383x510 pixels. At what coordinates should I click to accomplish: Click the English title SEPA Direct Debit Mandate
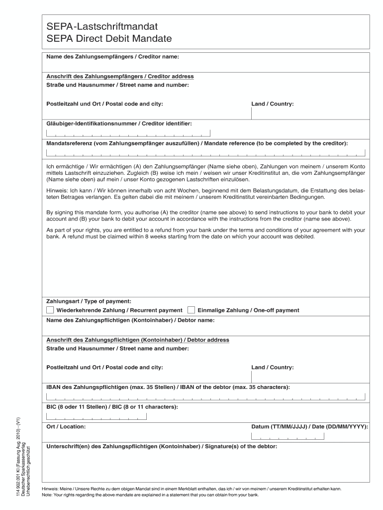pos(109,39)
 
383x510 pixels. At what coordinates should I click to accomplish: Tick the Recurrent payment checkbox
pos(50,310)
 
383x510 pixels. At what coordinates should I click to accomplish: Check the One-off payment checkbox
pos(191,310)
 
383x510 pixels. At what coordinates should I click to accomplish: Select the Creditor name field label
pos(112,57)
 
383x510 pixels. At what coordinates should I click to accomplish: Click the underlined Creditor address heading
pos(120,77)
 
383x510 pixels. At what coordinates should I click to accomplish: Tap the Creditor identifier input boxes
pos(128,133)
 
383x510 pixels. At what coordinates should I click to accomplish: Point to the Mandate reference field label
pos(197,143)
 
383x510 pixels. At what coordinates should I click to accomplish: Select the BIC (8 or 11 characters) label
pos(112,407)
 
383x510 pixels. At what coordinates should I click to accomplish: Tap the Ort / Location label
pos(66,427)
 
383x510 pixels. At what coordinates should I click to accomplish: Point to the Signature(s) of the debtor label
pos(162,446)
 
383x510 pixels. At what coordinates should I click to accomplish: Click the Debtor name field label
pos(130,320)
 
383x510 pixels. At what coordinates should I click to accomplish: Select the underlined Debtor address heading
pos(138,340)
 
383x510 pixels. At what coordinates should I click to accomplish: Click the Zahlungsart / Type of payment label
pos(89,301)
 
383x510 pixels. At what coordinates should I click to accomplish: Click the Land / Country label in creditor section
pos(273,104)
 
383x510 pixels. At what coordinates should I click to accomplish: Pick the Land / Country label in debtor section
pos(273,368)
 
